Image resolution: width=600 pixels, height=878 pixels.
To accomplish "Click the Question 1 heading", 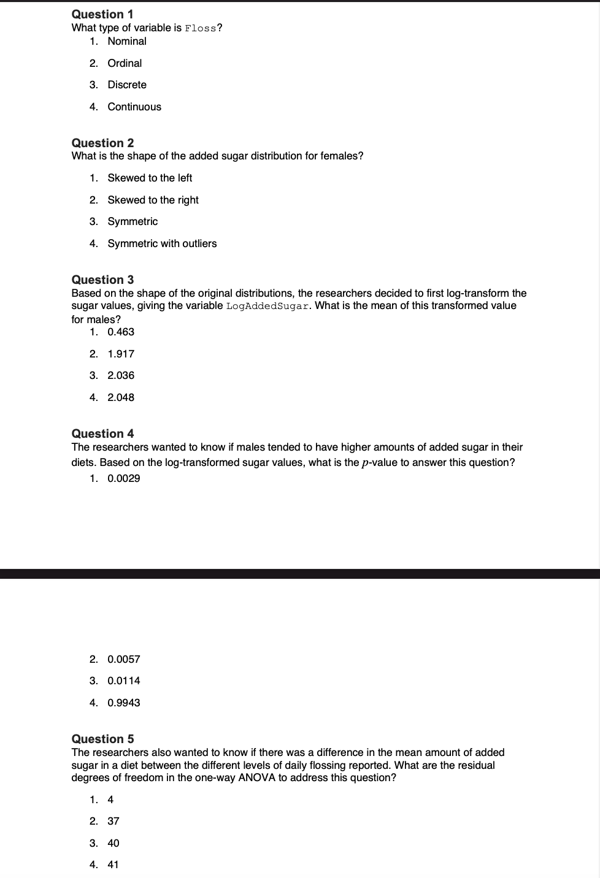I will (102, 14).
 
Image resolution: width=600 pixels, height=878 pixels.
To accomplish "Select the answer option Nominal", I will (127, 41).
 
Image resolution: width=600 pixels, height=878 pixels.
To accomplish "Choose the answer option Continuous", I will (134, 107).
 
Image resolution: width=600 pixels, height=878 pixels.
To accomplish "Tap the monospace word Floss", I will (201, 28).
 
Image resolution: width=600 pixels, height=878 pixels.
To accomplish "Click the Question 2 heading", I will (102, 143).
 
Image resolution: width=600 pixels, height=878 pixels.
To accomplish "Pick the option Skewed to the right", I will (153, 200).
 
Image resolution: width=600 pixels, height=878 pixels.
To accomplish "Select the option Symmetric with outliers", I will (162, 243).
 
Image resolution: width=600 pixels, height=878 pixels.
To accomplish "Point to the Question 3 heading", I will (102, 280).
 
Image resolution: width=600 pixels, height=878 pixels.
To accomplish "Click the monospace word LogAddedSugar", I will (267, 306).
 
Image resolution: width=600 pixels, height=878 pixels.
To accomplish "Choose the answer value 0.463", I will (121, 332).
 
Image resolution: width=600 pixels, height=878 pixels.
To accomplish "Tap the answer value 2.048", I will (121, 397).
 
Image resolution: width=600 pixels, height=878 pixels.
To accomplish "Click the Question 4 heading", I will (102, 433).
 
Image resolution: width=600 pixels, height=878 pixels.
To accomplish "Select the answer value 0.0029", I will (123, 478).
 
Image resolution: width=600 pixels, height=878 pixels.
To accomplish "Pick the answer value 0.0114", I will (123, 681).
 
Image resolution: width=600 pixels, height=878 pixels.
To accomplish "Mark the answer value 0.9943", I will (123, 703).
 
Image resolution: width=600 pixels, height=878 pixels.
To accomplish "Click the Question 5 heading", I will (102, 739).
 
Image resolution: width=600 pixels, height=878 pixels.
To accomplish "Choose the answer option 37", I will (113, 821).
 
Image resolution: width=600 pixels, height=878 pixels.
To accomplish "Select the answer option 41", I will (113, 865).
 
